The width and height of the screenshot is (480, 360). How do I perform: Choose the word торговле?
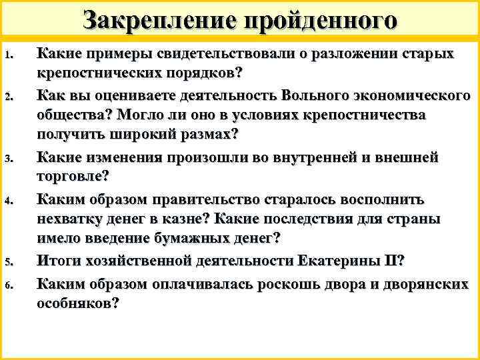[73, 177]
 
